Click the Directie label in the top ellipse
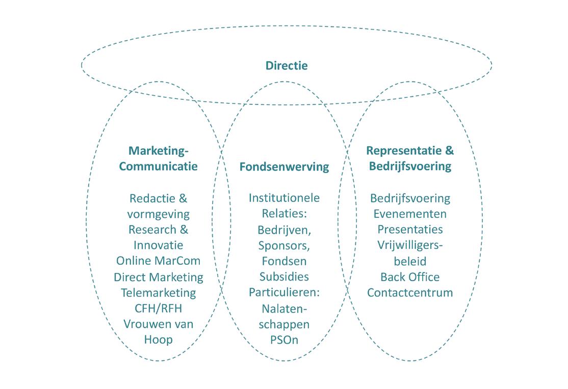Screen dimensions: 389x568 click(x=287, y=66)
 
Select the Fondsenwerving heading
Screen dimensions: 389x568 click(x=284, y=166)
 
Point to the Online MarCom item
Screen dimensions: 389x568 click(x=158, y=261)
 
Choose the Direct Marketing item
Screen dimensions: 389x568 click(x=158, y=277)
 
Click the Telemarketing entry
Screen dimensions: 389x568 click(x=158, y=293)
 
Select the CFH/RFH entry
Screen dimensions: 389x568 click(x=158, y=308)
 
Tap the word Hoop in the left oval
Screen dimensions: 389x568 click(x=158, y=339)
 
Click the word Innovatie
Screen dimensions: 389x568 click(x=158, y=245)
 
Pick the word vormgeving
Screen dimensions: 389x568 click(x=158, y=214)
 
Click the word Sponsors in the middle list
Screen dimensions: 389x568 click(x=284, y=245)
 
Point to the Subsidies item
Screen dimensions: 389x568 click(x=284, y=276)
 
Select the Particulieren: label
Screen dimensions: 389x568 click(x=284, y=292)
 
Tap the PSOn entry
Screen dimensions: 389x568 click(x=284, y=339)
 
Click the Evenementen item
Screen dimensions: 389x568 click(x=410, y=213)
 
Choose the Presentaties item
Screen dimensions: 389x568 click(x=410, y=229)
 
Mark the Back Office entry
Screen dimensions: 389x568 click(x=410, y=276)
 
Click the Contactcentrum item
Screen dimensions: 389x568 click(x=410, y=292)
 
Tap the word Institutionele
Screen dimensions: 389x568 click(x=284, y=198)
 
